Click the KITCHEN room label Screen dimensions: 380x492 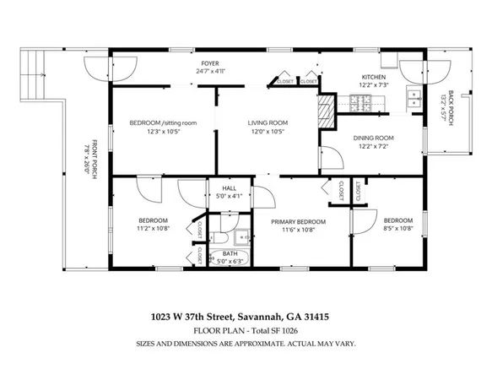374,76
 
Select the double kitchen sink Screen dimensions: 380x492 414,100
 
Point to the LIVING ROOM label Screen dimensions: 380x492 268,123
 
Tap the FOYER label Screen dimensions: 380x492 209,63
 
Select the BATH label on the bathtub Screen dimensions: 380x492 229,253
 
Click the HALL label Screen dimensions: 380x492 229,188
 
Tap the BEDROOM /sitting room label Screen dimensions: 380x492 163,123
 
